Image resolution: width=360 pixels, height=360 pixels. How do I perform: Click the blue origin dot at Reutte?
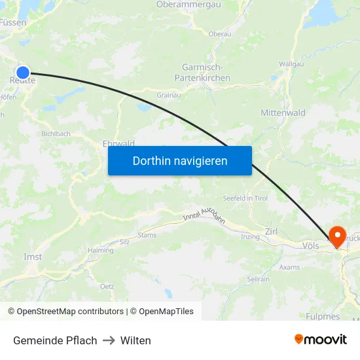(23, 73)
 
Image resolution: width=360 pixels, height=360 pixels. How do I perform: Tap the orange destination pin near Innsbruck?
(338, 236)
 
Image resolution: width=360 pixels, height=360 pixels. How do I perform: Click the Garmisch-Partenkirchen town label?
(202, 73)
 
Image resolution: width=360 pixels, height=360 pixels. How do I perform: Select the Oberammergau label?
(188, 5)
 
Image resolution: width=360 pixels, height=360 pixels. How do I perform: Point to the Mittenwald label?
(283, 113)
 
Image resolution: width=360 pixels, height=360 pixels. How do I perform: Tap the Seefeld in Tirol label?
(245, 198)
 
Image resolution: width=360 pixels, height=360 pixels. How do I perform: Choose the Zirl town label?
(272, 231)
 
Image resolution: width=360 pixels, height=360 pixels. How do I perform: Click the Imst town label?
(33, 257)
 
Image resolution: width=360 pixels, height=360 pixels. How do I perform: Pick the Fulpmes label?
(323, 316)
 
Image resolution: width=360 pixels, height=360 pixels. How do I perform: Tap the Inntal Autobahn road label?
(204, 217)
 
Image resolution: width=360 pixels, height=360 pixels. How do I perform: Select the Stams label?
(147, 234)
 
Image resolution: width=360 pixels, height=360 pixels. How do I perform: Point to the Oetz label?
(107, 286)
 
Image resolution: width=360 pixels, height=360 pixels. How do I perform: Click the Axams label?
(289, 267)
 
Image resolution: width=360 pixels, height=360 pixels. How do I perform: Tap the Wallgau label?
(291, 64)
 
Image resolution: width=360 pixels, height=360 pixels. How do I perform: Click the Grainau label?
(168, 94)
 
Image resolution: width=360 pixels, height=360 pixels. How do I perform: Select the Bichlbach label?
(56, 134)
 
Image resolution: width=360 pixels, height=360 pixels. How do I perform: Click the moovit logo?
(321, 340)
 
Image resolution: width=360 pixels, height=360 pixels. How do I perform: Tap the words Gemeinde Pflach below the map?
(55, 340)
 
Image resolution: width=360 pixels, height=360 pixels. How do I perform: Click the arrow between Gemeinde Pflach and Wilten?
(109, 340)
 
